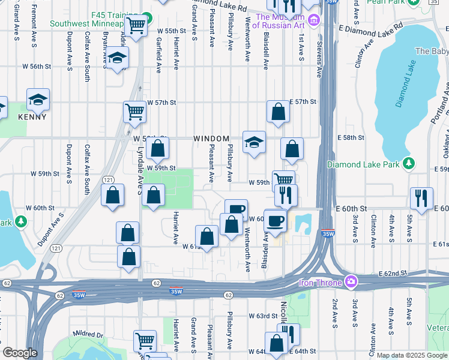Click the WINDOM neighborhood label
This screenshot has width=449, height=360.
pyautogui.click(x=210, y=139)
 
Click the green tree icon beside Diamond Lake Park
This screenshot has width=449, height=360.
pyautogui.click(x=409, y=163)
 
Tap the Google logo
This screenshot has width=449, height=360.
pyautogui.click(x=20, y=353)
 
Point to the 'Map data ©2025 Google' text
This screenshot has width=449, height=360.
pyautogui.click(x=411, y=355)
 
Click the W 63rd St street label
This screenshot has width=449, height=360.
pyautogui.click(x=262, y=316)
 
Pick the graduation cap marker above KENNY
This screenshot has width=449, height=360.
pyautogui.click(x=38, y=100)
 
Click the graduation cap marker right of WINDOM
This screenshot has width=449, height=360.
pyautogui.click(x=254, y=142)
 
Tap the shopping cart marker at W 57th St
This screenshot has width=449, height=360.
pyautogui.click(x=134, y=111)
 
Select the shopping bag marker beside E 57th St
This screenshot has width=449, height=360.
pyautogui.click(x=278, y=112)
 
